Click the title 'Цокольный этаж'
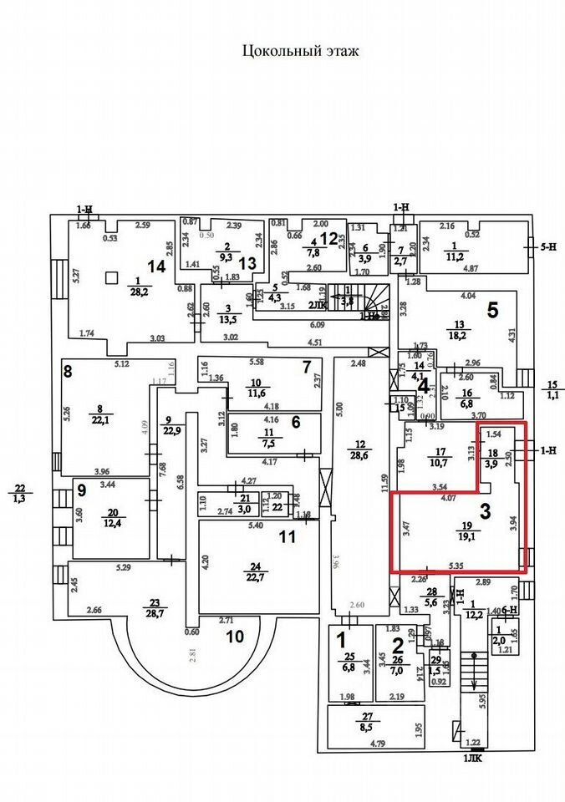300,52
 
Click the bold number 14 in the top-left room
156,266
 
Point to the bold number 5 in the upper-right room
492,310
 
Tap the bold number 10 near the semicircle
235,636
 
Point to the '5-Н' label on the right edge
548,246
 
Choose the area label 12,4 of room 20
111,523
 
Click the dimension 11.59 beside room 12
385,482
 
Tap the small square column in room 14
110,277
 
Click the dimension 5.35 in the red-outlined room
456,566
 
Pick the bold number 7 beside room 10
306,366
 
